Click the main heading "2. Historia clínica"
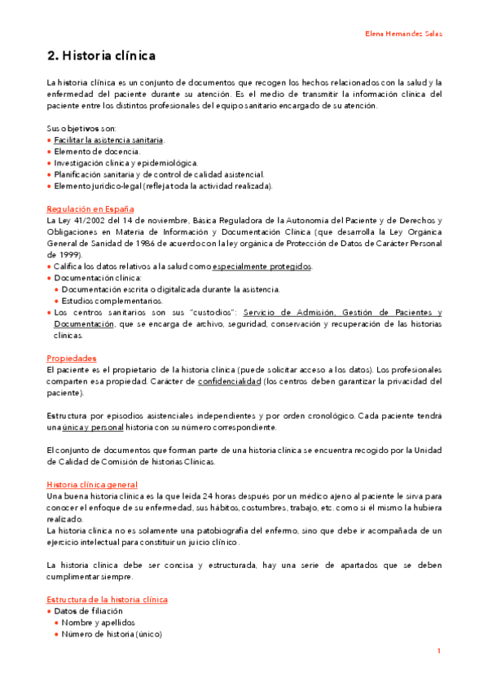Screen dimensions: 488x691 click(101, 56)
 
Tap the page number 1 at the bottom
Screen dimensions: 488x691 click(438, 651)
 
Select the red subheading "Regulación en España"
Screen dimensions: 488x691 click(90, 209)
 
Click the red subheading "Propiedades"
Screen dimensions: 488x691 click(72, 358)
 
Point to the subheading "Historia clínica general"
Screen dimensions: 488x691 click(94, 484)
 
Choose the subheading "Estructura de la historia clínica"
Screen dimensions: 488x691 click(108, 599)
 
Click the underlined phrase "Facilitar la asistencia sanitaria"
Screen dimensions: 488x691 click(109, 140)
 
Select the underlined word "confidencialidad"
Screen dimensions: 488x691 click(230, 381)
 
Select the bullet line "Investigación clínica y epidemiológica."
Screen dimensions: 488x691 click(126, 163)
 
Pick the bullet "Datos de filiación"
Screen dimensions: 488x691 click(88, 610)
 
